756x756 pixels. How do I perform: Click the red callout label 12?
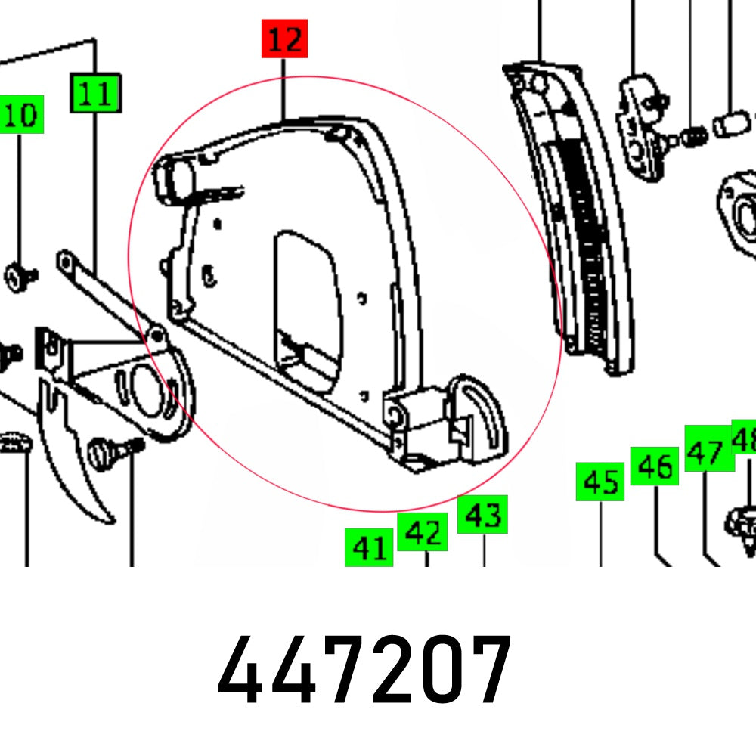(285, 39)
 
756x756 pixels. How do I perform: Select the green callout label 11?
(95, 93)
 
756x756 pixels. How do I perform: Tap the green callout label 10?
(21, 116)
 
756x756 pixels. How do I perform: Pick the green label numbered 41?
(369, 547)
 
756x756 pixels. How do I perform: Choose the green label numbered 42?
(423, 532)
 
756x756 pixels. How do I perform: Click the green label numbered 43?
(482, 515)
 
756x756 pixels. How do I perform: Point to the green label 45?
(601, 481)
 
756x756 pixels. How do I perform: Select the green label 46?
(655, 466)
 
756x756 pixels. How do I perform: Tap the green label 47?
(708, 451)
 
